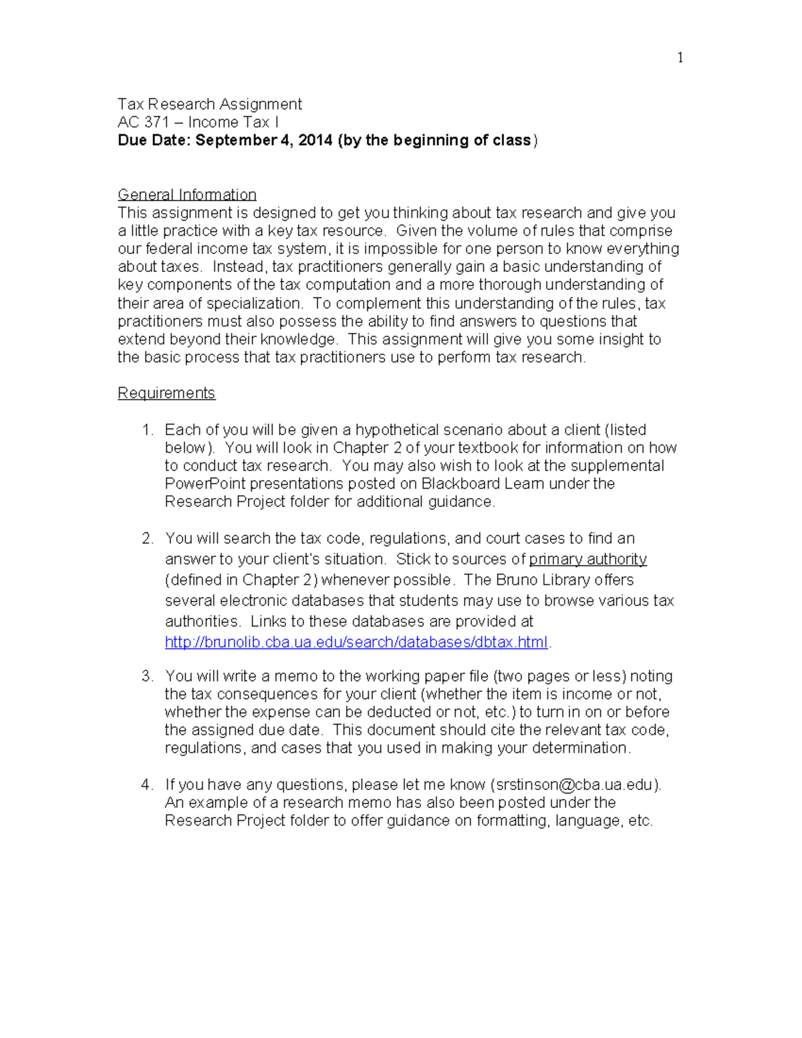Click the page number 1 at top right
coord(680,58)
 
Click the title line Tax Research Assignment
coord(209,104)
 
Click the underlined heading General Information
coord(187,194)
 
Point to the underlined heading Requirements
coord(166,393)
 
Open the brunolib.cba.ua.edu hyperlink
coord(356,642)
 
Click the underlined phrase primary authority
coord(587,559)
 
